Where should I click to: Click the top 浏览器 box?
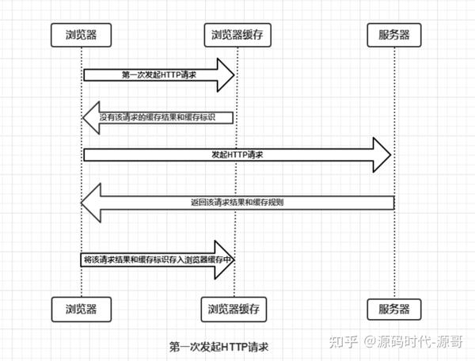point(82,35)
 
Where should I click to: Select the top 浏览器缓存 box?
point(237,35)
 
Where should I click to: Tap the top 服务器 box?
point(394,35)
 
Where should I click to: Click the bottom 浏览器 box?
point(82,310)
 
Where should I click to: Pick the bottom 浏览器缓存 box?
point(234,310)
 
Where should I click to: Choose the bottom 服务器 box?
point(394,310)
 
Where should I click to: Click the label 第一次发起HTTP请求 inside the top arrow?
point(159,74)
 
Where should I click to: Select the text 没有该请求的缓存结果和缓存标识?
point(158,117)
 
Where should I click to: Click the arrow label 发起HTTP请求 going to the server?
point(237,154)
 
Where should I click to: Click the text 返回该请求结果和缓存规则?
point(237,203)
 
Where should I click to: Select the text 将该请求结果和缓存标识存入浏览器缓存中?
point(158,260)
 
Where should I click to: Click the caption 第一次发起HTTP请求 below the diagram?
point(218,347)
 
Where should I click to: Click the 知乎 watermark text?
point(344,342)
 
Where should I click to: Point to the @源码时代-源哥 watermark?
point(413,342)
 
